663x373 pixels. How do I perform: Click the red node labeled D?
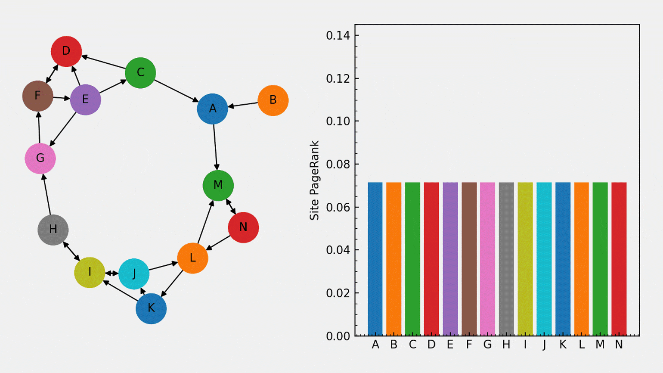[66, 51]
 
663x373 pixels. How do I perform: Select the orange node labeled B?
[273, 100]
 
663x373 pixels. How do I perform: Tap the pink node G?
[40, 159]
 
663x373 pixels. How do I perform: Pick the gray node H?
[53, 230]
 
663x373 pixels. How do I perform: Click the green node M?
[218, 185]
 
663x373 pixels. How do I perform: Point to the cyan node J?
[134, 274]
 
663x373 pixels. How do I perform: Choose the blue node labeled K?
[151, 308]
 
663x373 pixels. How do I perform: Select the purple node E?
[85, 100]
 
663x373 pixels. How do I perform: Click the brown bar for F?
[469, 259]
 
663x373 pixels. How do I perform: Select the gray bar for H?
[506, 259]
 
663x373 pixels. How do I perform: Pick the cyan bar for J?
[544, 259]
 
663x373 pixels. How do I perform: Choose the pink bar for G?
[487, 259]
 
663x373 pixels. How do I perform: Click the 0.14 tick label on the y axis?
[338, 36]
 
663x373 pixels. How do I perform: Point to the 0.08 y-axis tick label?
[338, 165]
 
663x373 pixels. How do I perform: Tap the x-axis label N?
[619, 345]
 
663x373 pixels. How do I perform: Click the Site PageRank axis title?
[315, 180]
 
